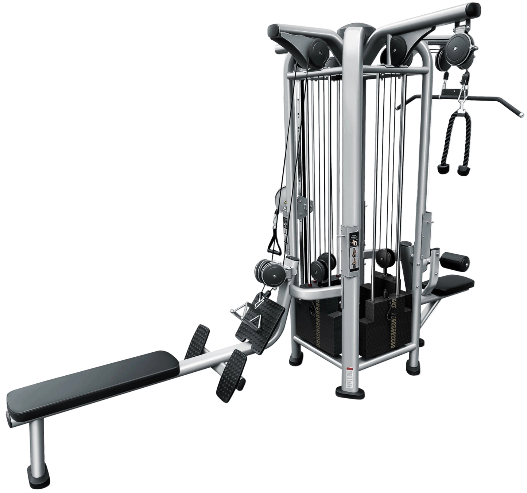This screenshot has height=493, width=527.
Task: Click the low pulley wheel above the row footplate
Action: (x=272, y=271)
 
